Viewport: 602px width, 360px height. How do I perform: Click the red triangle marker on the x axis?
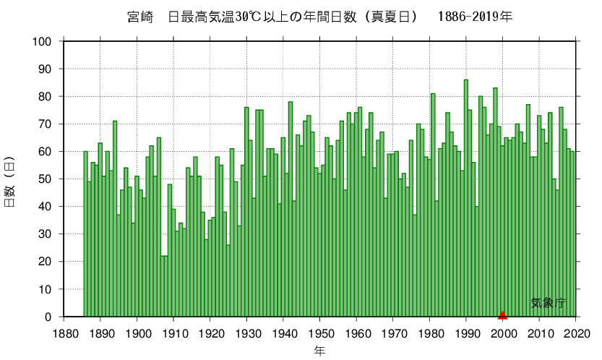click(x=502, y=314)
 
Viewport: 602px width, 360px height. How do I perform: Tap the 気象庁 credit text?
click(x=549, y=304)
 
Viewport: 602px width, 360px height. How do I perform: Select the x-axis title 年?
click(x=319, y=351)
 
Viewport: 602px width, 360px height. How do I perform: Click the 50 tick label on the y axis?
click(x=46, y=179)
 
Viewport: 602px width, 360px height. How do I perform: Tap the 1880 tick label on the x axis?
click(x=64, y=333)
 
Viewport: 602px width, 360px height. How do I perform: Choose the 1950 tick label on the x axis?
click(x=320, y=333)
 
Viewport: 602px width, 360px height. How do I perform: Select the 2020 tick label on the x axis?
click(x=576, y=333)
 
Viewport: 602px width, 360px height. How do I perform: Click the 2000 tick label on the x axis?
click(x=503, y=333)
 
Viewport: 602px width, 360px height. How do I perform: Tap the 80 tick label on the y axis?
click(x=46, y=97)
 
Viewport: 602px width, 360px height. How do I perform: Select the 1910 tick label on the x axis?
click(x=173, y=333)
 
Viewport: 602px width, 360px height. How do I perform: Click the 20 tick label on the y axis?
click(x=46, y=262)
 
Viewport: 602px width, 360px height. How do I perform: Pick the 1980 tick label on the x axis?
click(x=430, y=333)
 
